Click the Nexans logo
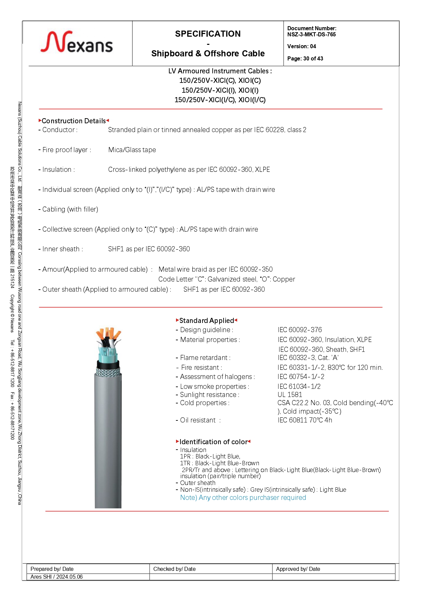pyautogui.click(x=77, y=43)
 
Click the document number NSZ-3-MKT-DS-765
pyautogui.click(x=311, y=34)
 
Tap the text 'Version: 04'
pyautogui.click(x=302, y=46)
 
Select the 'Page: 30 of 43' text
pyautogui.click(x=305, y=58)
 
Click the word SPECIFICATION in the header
pyautogui.click(x=208, y=34)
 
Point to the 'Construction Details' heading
pyautogui.click(x=74, y=121)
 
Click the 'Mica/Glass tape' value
pyautogui.click(x=132, y=150)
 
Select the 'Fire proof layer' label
pyautogui.click(x=66, y=150)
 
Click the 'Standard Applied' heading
pyautogui.click(x=206, y=321)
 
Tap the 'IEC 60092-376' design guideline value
pyautogui.click(x=300, y=330)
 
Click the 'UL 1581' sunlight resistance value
pyautogui.click(x=290, y=395)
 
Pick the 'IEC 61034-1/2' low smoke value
pyautogui.click(x=299, y=386)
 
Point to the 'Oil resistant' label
pyautogui.click(x=198, y=420)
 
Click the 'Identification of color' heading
pyautogui.click(x=213, y=442)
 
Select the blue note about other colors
pyautogui.click(x=243, y=498)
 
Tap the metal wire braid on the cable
pyautogui.click(x=108, y=373)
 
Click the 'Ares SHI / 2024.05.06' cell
pyautogui.click(x=56, y=577)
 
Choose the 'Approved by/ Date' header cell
pyautogui.click(x=298, y=569)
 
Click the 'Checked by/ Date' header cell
pyautogui.click(x=174, y=569)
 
